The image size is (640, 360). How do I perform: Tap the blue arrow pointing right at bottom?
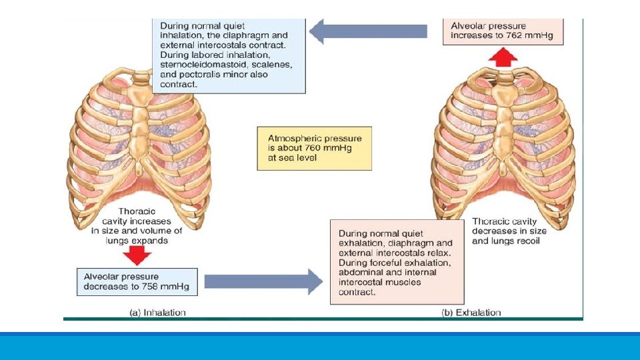click(x=263, y=281)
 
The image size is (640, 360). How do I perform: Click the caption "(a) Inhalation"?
click(x=157, y=312)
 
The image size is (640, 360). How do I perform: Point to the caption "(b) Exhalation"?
click(x=471, y=312)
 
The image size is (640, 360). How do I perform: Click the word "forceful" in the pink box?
click(x=395, y=263)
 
